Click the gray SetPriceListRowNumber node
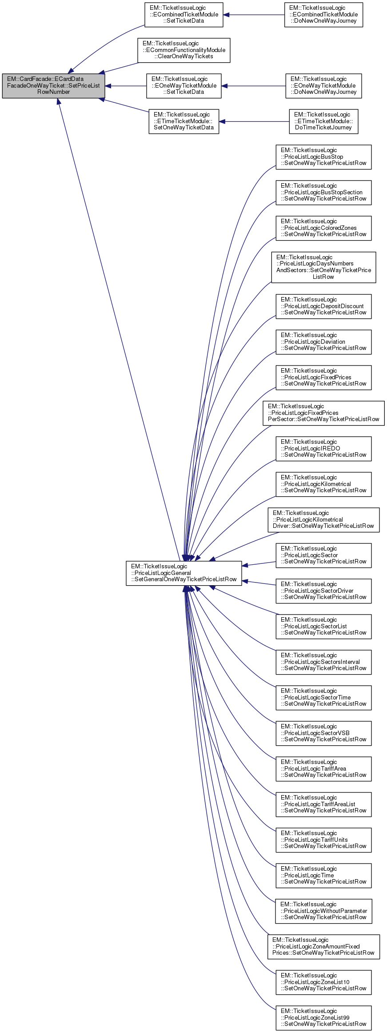coord(53,86)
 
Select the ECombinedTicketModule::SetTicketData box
coord(184,15)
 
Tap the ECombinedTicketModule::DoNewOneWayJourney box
coord(323,15)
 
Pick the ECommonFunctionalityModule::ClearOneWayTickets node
coord(184,50)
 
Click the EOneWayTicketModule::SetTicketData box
coord(184,86)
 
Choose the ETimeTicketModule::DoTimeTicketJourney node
coord(323,121)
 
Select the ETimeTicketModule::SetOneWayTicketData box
coord(184,121)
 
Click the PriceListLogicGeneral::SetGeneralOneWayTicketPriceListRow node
coord(184,573)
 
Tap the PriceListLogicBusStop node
coord(323,157)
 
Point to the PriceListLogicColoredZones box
coord(323,228)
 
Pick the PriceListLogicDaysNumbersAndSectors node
coord(323,267)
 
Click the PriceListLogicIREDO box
coord(323,449)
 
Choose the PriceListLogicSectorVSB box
coord(323,733)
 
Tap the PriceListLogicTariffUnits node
coord(323,840)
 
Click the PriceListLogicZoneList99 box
coord(323,1018)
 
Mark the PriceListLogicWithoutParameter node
coord(323,911)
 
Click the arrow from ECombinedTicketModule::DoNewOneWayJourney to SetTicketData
coord(254,15)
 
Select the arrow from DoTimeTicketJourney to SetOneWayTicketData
coord(254,121)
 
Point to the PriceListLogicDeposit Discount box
coord(323,306)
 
